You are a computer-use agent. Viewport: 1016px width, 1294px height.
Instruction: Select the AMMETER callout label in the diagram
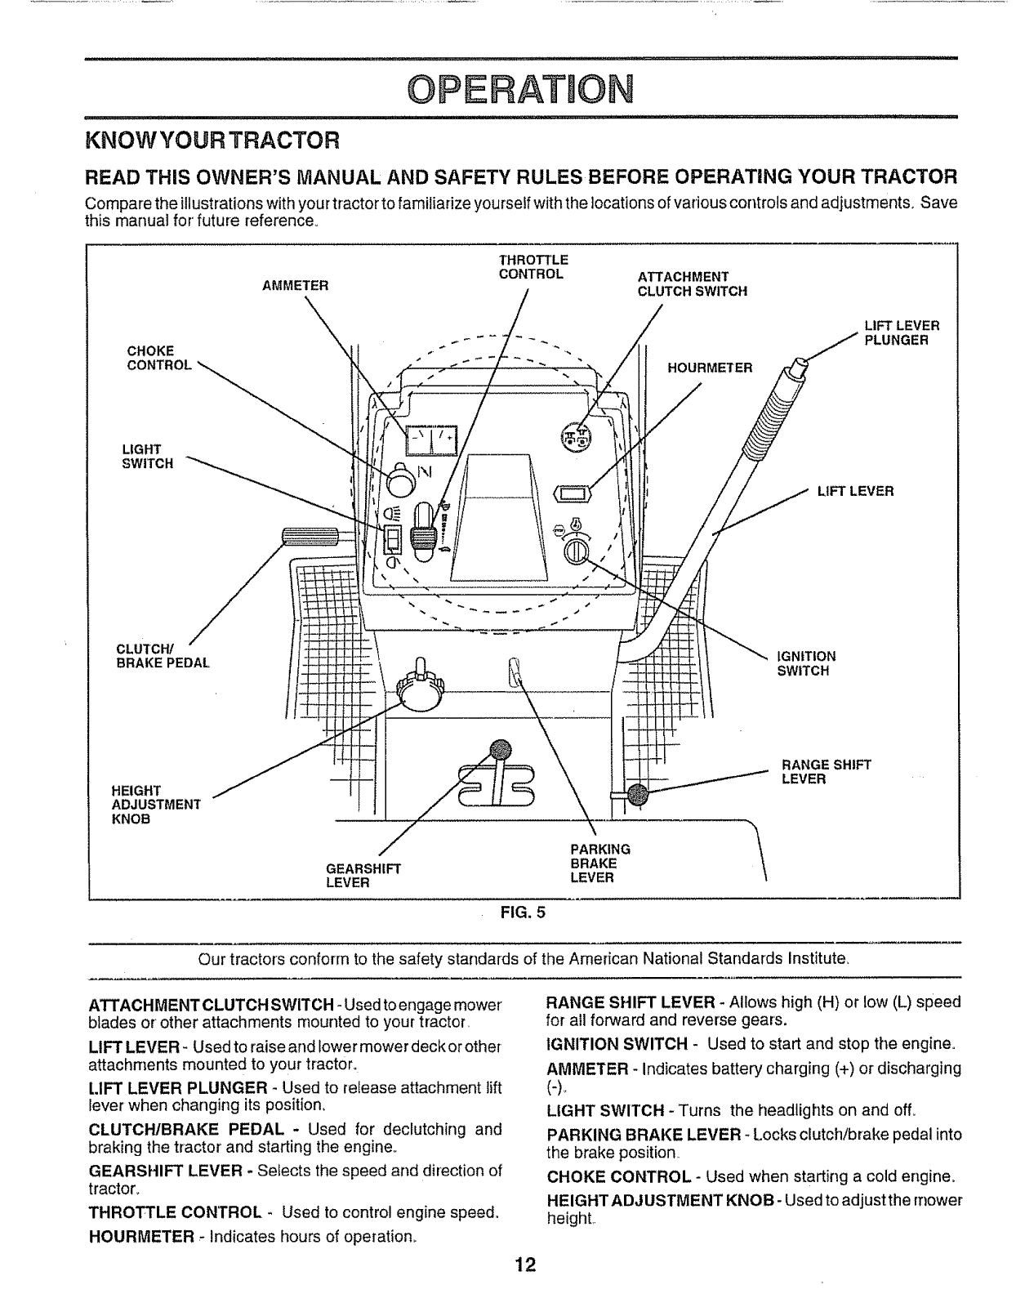click(295, 286)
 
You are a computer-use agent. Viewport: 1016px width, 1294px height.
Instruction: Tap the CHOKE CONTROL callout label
click(159, 358)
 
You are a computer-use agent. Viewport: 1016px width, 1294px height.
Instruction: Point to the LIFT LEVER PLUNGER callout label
click(902, 332)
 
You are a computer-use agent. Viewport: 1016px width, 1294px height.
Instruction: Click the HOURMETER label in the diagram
click(710, 368)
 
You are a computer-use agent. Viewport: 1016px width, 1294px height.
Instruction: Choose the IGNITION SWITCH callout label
click(806, 663)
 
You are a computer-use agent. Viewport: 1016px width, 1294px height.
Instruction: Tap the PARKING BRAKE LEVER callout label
click(599, 863)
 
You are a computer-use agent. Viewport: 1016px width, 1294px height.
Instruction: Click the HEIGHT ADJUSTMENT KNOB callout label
click(155, 805)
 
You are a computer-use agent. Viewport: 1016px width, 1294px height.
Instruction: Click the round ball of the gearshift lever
click(499, 749)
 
